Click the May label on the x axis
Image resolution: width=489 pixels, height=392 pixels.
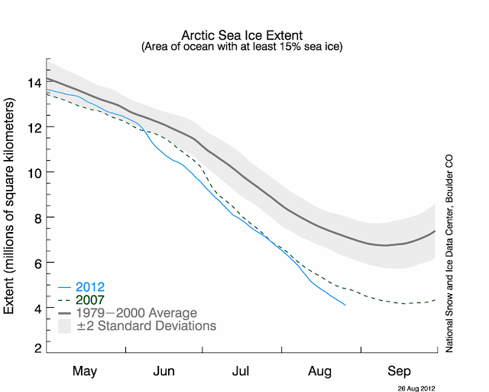pyautogui.click(x=85, y=371)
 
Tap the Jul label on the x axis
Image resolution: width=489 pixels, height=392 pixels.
pyautogui.click(x=241, y=371)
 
